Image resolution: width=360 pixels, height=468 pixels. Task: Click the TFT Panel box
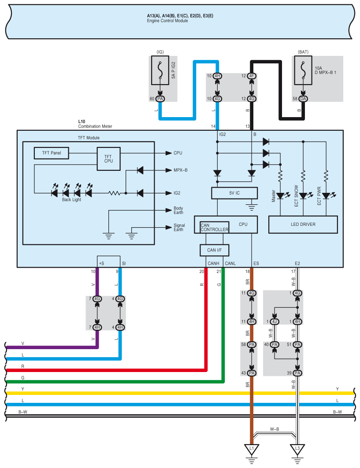pos(52,153)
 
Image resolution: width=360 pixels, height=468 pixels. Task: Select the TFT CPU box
pos(108,159)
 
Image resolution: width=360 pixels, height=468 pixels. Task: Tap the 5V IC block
pos(234,193)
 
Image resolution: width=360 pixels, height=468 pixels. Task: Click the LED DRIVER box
pos(303,224)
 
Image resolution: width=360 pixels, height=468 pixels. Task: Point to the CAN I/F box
pos(217,250)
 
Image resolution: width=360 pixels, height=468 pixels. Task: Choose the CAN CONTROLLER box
pos(215,227)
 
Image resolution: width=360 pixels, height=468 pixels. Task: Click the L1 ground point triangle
pos(252,449)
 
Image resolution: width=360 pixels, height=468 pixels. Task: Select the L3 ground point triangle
pos(297,449)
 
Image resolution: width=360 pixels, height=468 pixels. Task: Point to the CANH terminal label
pos(213,263)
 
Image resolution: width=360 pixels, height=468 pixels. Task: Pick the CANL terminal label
pos(230,263)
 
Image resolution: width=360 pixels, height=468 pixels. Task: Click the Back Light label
pos(71,200)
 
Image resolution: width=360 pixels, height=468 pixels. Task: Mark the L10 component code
pos(81,121)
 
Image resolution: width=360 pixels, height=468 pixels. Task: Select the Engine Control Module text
pos(167,21)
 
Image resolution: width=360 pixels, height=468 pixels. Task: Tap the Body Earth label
pos(178,210)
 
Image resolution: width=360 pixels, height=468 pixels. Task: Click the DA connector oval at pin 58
pos(303,99)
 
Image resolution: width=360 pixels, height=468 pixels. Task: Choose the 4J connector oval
pos(275,321)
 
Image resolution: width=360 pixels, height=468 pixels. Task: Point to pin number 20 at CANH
pos(201,272)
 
